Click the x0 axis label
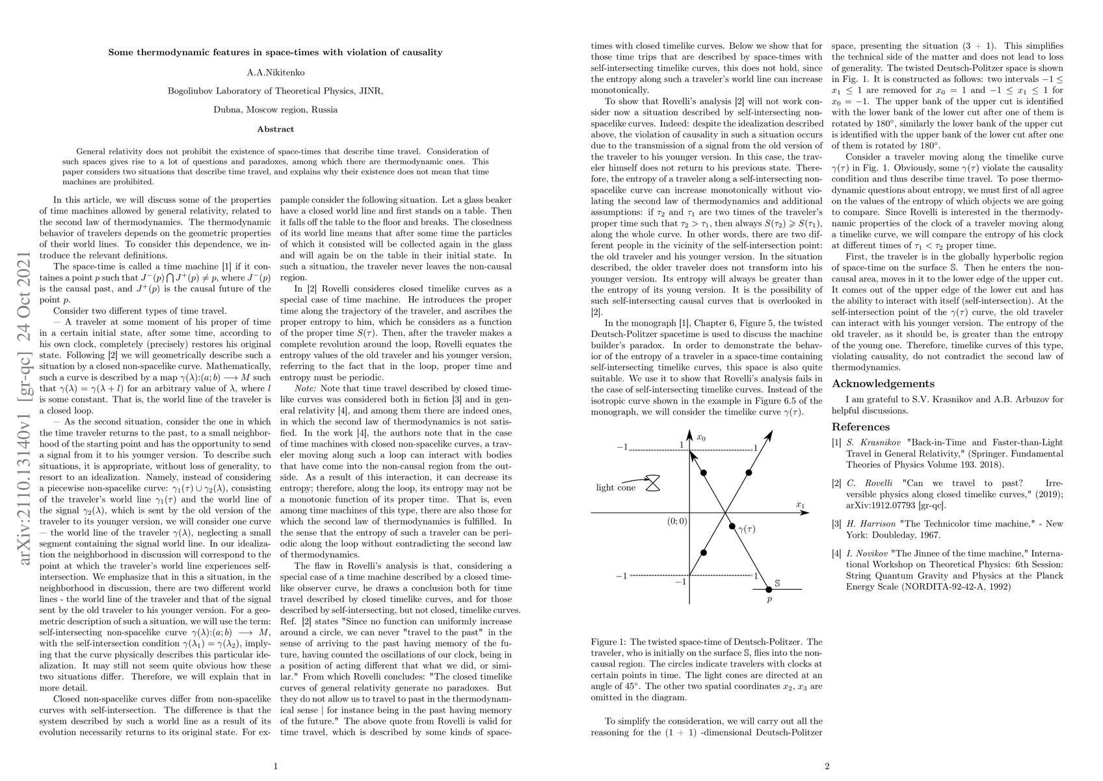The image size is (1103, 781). [x=701, y=437]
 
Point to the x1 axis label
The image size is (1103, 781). [x=800, y=504]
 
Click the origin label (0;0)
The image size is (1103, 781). [x=676, y=521]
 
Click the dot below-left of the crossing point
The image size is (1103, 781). [x=703, y=553]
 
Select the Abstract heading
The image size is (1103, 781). [x=275, y=129]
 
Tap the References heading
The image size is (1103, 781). [x=860, y=427]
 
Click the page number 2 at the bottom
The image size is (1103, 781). [x=827, y=766]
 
